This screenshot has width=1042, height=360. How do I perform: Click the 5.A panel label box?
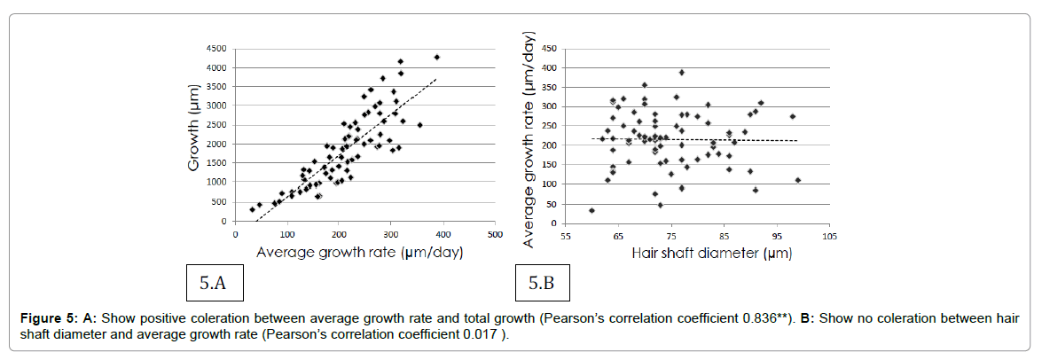(x=212, y=284)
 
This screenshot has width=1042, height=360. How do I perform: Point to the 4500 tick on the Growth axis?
(x=215, y=48)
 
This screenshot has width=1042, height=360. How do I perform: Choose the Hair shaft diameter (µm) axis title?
(x=711, y=253)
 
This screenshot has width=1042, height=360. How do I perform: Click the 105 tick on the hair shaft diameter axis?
(x=829, y=237)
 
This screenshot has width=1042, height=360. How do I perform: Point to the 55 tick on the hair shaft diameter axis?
(x=564, y=237)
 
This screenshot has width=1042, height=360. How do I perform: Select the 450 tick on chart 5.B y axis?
(x=550, y=48)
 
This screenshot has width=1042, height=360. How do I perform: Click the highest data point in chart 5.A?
(x=436, y=58)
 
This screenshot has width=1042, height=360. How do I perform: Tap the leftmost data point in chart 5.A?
(x=252, y=210)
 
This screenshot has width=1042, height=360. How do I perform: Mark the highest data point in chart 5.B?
(x=681, y=73)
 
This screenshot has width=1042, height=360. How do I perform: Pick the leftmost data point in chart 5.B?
(x=592, y=210)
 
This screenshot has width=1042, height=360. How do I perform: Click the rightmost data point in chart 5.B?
(x=797, y=180)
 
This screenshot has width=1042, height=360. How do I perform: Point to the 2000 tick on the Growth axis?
(x=215, y=144)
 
